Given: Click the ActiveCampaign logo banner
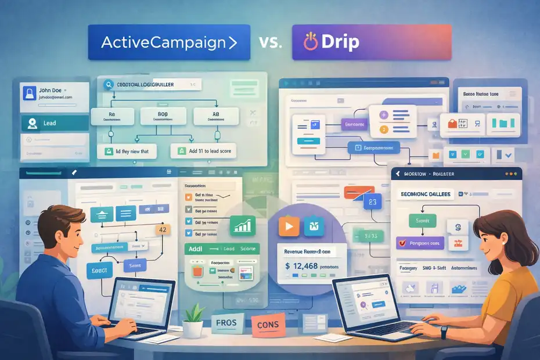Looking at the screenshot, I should [x=168, y=42].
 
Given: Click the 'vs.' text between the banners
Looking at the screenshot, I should [x=271, y=42].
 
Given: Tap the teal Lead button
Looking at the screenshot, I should [x=55, y=123].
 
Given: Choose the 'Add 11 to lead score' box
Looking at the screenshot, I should [x=201, y=151].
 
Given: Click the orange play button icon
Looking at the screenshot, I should [x=289, y=226].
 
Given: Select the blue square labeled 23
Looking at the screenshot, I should [x=372, y=203].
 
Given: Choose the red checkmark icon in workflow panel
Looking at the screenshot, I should [x=400, y=242].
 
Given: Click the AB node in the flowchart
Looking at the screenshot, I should [x=216, y=114].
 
